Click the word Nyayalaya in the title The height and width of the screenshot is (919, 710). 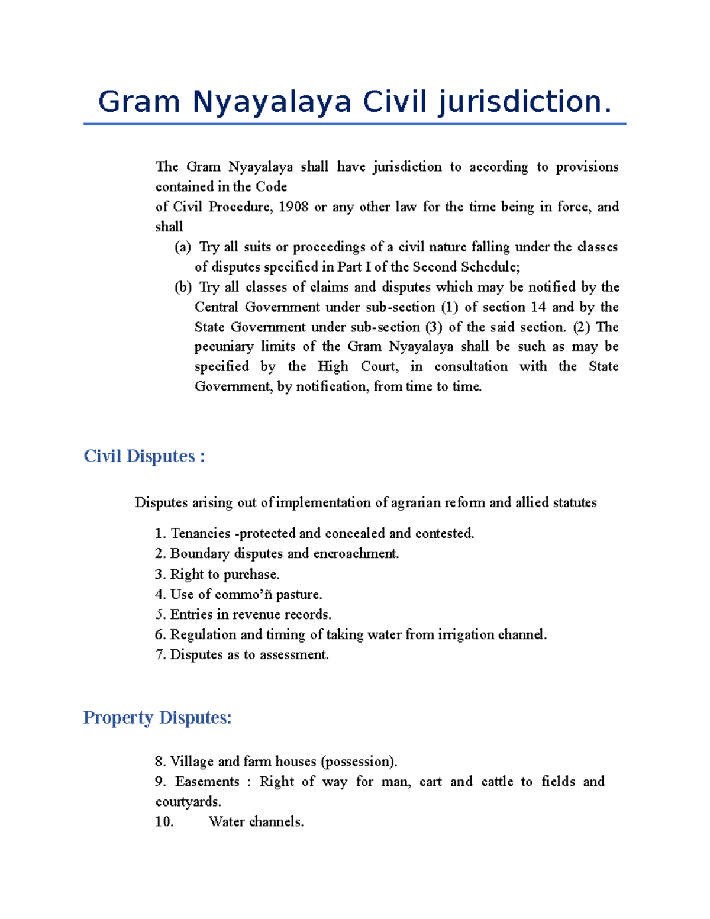click(272, 102)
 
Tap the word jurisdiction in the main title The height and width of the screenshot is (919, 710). click(524, 102)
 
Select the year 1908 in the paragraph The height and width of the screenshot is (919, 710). click(293, 207)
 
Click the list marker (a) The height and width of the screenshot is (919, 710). click(183, 247)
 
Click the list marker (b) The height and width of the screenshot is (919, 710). click(183, 287)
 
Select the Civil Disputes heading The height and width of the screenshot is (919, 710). click(144, 456)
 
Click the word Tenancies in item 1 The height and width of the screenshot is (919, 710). click(200, 534)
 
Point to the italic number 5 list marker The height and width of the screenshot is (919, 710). click(159, 614)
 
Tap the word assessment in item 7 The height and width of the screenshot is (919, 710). click(293, 655)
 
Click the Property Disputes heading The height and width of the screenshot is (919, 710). click(157, 718)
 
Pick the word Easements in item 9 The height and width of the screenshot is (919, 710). click(207, 782)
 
